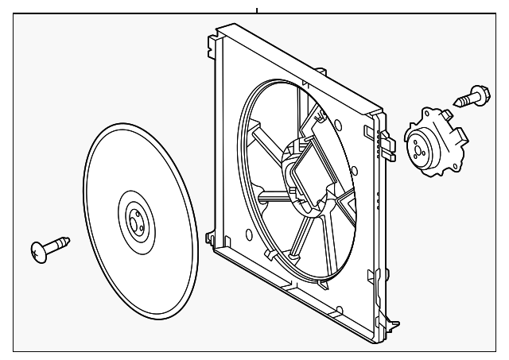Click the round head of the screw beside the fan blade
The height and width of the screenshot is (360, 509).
tap(38, 252)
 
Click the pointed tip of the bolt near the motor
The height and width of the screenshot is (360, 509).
tap(458, 103)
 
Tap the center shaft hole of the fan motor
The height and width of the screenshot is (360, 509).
tap(418, 146)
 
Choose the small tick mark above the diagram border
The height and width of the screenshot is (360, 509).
tap(257, 10)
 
